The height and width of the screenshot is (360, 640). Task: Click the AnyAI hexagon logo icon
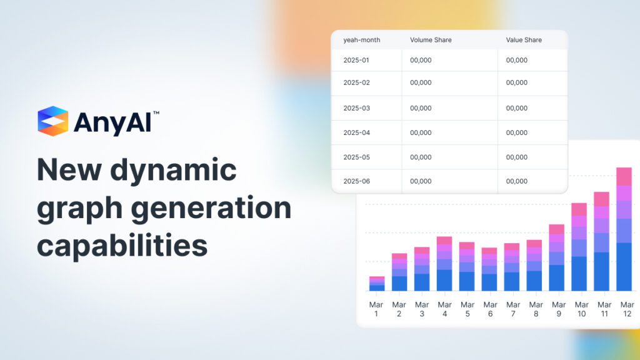click(52, 121)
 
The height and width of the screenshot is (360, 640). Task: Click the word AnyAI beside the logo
click(112, 122)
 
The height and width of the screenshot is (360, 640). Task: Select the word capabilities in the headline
click(122, 246)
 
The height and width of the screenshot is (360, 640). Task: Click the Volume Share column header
click(431, 40)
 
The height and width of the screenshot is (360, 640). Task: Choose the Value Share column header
click(524, 40)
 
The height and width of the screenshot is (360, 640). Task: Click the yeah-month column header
click(362, 40)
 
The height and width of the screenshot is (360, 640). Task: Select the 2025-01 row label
click(357, 60)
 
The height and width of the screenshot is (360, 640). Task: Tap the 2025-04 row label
click(357, 132)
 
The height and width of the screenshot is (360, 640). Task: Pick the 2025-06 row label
click(357, 181)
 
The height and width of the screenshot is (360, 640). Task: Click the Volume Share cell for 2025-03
click(421, 108)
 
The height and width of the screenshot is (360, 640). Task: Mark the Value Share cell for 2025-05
click(517, 157)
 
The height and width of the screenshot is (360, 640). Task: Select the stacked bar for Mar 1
click(376, 284)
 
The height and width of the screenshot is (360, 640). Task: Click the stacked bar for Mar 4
click(444, 264)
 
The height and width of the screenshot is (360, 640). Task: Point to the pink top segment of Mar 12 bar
click(624, 176)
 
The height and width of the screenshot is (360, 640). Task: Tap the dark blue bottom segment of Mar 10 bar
click(579, 274)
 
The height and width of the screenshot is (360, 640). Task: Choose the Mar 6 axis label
click(489, 309)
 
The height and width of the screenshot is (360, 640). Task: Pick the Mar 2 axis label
click(399, 309)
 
